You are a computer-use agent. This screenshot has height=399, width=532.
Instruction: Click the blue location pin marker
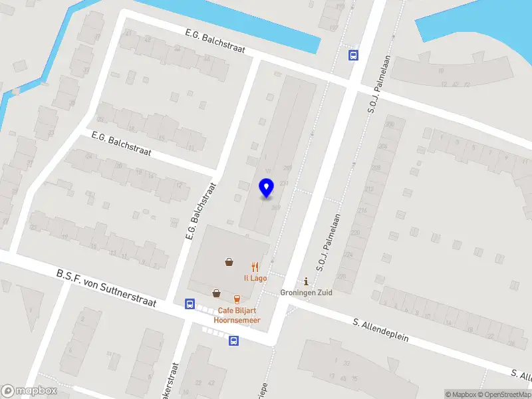click(x=266, y=189)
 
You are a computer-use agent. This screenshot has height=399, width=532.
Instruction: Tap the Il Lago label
click(x=255, y=278)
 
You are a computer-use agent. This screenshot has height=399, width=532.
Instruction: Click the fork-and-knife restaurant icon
click(x=255, y=266)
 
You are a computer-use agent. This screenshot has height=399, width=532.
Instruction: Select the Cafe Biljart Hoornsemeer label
click(x=237, y=315)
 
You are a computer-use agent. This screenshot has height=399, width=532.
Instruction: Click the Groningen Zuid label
click(x=306, y=292)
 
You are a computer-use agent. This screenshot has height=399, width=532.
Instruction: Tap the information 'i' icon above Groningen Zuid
click(x=306, y=281)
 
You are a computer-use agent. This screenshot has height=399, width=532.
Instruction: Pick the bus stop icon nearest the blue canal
click(x=352, y=56)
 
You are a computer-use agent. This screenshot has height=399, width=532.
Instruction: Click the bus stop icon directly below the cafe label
click(x=233, y=340)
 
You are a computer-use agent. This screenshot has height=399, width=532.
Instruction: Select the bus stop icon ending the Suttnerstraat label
click(x=190, y=305)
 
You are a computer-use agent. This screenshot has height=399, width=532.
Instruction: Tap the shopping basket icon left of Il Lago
click(x=229, y=262)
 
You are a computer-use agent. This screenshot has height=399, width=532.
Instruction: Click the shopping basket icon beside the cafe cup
click(x=217, y=293)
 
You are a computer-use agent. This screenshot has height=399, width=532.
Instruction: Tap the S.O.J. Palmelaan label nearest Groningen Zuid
click(x=329, y=241)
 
